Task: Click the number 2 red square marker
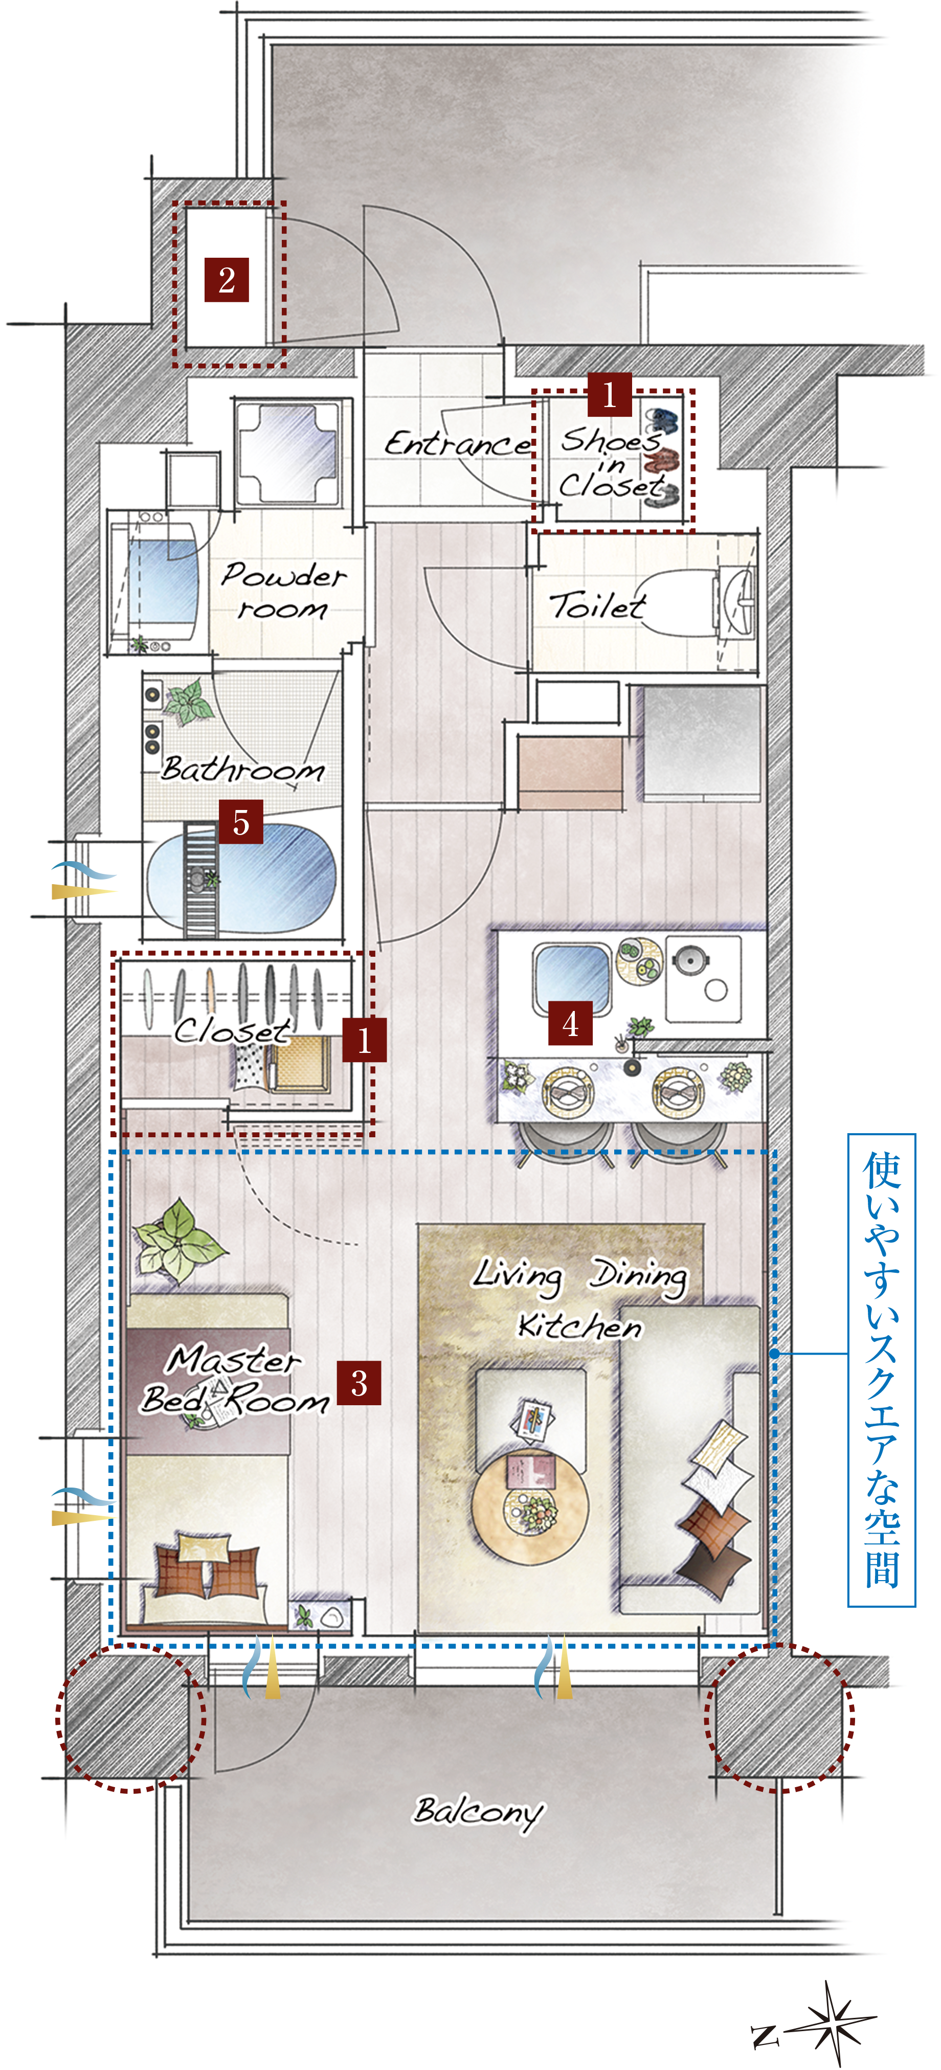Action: [227, 280]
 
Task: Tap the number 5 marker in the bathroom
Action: [241, 821]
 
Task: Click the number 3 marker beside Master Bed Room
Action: [359, 1382]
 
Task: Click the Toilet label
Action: [597, 605]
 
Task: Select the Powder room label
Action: [283, 591]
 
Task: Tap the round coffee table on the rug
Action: [529, 1503]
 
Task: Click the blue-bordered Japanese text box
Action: [882, 1369]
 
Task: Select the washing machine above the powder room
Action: [287, 453]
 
